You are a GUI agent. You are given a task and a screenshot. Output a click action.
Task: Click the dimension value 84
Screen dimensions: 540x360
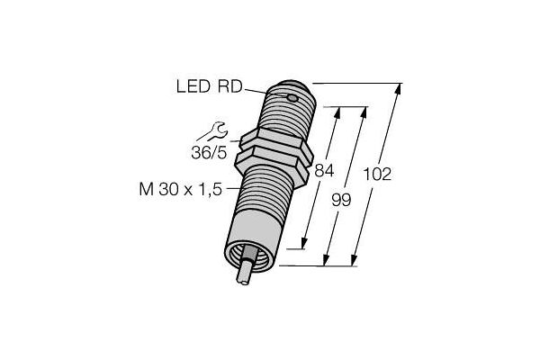coord(324,170)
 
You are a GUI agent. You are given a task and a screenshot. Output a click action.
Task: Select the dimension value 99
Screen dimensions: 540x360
coord(341,200)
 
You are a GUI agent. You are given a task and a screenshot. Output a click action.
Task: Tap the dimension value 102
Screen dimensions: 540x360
coord(377,175)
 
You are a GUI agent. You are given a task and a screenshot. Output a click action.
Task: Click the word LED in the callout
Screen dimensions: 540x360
coord(193,86)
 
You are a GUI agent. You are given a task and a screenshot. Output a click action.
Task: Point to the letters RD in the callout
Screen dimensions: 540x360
coord(230,86)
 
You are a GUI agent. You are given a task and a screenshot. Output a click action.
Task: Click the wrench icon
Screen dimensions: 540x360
coord(211,131)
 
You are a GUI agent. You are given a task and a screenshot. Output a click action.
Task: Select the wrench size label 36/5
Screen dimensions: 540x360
coord(209,153)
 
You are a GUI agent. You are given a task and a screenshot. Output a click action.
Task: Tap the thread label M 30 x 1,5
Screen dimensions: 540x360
coord(181,190)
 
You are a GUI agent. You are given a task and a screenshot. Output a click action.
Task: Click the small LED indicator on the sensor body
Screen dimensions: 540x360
coord(292,98)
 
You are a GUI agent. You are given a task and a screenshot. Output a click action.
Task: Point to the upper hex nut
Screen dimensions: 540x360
coord(275,143)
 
